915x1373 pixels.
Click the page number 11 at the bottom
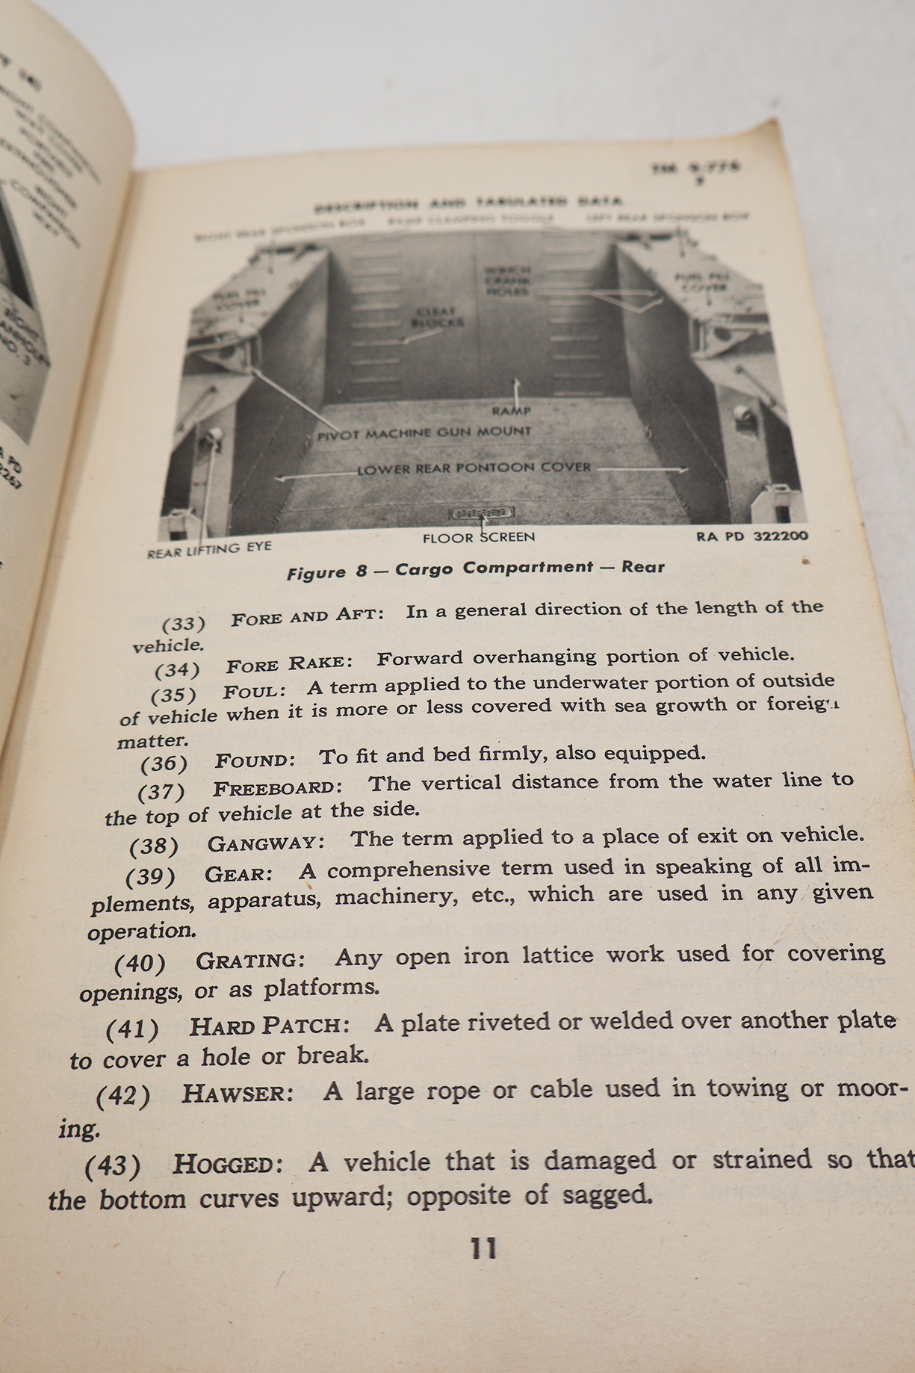483,1249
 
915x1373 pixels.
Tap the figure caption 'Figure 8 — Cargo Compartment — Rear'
475,569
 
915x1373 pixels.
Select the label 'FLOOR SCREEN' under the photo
479,537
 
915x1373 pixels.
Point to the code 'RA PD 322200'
752,536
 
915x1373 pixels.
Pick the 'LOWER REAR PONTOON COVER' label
474,468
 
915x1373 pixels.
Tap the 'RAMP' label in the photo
511,411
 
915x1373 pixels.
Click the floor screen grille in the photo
482,514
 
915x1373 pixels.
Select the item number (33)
184,623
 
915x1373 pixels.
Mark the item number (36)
164,763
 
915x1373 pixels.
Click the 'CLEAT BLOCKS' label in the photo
437,317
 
